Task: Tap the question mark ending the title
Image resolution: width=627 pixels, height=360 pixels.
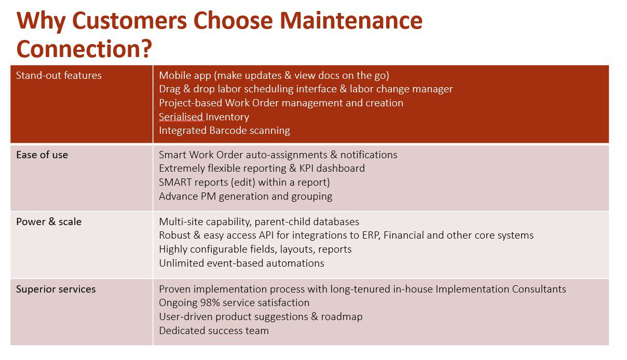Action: pos(146,49)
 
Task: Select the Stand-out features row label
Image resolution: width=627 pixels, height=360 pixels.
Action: pos(59,76)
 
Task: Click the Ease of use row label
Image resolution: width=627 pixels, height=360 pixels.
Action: pos(42,155)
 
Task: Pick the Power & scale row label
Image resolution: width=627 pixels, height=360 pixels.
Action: pos(49,221)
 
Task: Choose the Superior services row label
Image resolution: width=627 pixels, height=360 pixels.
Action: pos(56,289)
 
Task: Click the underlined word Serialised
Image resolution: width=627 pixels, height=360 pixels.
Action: pos(181,117)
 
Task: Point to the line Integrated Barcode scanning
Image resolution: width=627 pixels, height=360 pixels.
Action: pos(224,131)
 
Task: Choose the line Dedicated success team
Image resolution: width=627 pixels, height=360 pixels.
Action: pos(214,330)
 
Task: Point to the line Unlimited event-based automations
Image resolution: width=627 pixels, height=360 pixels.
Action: pos(241,263)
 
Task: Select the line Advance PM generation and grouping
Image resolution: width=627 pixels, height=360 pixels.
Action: pos(246,196)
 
